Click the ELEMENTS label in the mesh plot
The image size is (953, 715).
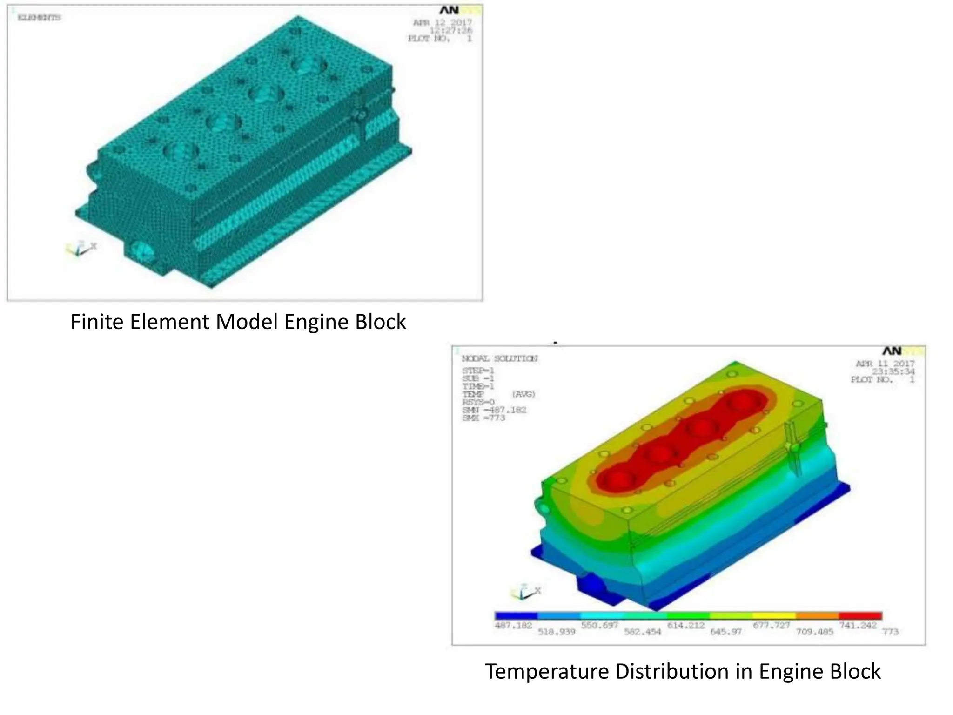(x=39, y=18)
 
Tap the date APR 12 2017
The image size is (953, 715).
(x=442, y=22)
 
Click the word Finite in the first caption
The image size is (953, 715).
(x=97, y=322)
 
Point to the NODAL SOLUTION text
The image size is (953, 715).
(x=499, y=358)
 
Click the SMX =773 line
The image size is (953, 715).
(x=483, y=418)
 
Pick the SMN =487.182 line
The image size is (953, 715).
(x=494, y=410)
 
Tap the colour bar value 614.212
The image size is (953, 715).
(x=686, y=625)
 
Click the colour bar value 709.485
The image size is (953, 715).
(x=814, y=632)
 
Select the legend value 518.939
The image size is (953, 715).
(x=557, y=632)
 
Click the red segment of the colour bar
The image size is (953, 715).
(x=860, y=616)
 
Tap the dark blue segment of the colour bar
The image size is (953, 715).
(x=517, y=616)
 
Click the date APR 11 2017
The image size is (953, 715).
(x=885, y=364)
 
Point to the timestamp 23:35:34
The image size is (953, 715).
(x=893, y=371)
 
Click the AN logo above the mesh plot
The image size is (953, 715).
(x=449, y=10)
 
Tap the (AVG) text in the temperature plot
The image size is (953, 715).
(x=523, y=394)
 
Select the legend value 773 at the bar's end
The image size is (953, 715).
(x=890, y=632)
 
